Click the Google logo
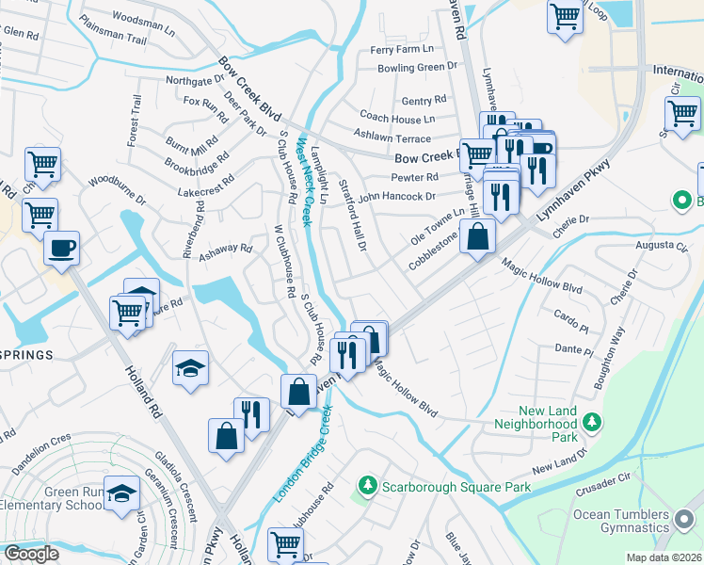(31, 555)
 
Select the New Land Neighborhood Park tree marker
(592, 425)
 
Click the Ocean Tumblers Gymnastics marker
(683, 514)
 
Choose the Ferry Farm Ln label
(402, 49)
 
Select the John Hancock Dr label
(396, 197)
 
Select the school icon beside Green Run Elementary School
(121, 493)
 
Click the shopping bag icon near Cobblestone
(478, 236)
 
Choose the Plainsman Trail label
(114, 40)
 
